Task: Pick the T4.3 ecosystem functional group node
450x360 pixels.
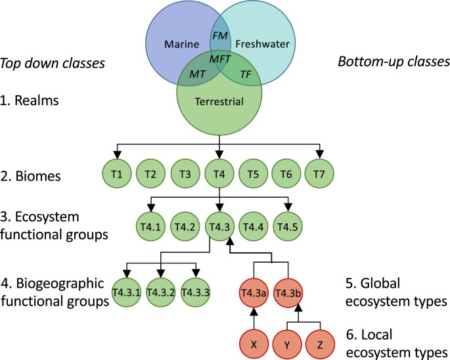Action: (x=219, y=227)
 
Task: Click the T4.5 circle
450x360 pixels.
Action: (x=287, y=227)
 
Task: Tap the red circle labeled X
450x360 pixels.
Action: (x=253, y=342)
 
